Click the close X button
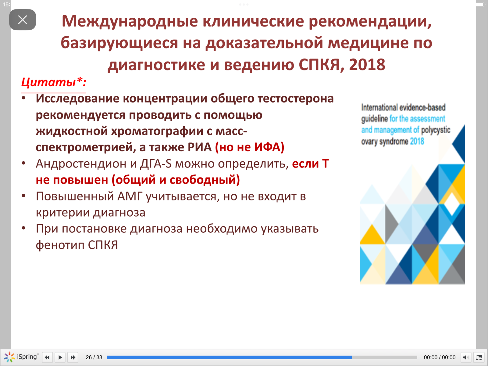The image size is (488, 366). coord(23,20)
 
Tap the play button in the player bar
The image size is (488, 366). coord(60,357)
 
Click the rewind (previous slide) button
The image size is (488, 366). coord(47,357)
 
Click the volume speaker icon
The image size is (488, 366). coord(466,357)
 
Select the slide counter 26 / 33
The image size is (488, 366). coord(94,357)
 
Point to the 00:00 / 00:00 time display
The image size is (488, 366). coord(440,357)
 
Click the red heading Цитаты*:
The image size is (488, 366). coord(54,82)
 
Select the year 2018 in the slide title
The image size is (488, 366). coord(367,64)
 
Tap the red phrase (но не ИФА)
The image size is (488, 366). coord(250,147)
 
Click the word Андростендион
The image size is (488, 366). coord(81,164)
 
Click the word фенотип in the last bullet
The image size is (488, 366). coord(60,245)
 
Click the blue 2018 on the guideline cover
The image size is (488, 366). coord(417,141)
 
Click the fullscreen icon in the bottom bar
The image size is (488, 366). coord(479,357)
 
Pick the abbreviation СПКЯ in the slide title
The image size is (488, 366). coord(319,64)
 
